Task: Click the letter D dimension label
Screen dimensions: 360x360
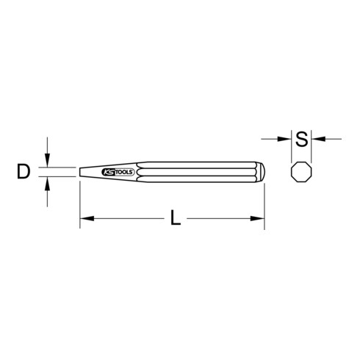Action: pos(24,172)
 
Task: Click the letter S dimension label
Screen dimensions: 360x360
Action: pos(300,137)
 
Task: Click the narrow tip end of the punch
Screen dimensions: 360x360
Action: pos(81,172)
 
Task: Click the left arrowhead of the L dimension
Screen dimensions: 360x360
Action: pos(84,218)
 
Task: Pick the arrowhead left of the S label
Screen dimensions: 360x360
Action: pos(286,137)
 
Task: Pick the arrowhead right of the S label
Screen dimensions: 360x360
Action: pos(314,137)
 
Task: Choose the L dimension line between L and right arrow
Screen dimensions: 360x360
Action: pos(220,218)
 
